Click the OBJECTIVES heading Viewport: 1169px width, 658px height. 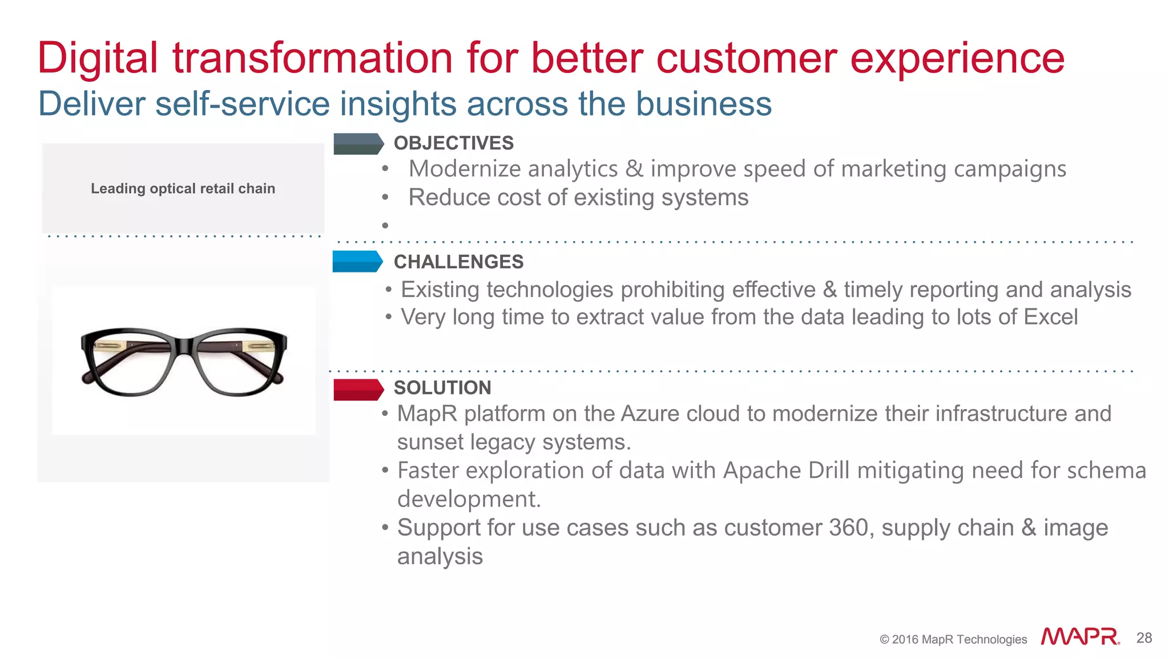tap(453, 143)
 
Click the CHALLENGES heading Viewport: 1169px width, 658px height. tap(458, 262)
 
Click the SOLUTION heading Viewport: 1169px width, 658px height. tap(442, 388)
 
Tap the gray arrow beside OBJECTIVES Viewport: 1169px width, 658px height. tap(357, 144)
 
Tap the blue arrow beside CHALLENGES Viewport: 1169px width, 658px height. tap(357, 262)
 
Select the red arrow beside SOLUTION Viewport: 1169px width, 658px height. tap(357, 390)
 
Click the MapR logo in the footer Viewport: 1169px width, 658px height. tap(1079, 637)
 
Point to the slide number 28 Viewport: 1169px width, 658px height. tap(1144, 638)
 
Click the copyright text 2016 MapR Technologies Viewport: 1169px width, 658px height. tap(953, 639)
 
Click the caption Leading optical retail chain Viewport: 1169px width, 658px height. tap(183, 188)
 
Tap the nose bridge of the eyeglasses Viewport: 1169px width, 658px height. tap(184, 346)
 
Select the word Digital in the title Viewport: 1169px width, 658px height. tap(98, 59)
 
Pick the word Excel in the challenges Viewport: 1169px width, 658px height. tap(1051, 317)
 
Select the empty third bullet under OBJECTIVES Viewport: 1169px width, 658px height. tap(385, 226)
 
